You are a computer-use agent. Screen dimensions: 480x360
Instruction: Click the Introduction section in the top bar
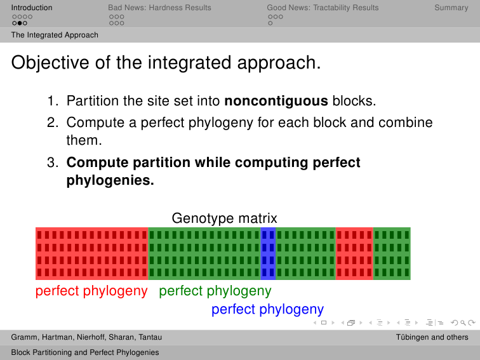coord(32,8)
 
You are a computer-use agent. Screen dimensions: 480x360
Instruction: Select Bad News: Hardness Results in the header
coord(159,8)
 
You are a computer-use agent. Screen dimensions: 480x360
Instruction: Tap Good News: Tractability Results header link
coord(323,8)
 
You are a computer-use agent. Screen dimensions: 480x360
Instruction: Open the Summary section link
coord(451,8)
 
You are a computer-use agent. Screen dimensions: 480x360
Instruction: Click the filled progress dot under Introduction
coord(20,23)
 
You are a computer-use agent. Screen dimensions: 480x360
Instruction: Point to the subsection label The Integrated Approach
coord(55,35)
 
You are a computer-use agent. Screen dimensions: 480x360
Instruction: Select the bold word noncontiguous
coord(276,101)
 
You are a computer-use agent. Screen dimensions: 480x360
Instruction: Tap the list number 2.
coord(52,123)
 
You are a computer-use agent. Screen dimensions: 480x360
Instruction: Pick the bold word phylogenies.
coord(110,180)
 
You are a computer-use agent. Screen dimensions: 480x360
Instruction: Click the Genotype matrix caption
coord(224,218)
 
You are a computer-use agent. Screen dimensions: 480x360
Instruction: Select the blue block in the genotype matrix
coord(268,253)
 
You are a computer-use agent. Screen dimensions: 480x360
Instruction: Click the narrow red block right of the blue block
coord(354,253)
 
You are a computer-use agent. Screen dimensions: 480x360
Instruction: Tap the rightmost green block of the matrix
coord(392,253)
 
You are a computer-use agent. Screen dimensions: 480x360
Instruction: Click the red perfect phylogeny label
coord(91,291)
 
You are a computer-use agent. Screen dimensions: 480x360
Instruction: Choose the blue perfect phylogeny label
coord(267,309)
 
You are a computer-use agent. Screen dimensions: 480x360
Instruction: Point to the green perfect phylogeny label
coord(215,291)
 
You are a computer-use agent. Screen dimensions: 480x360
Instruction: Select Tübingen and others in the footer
coord(432,337)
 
